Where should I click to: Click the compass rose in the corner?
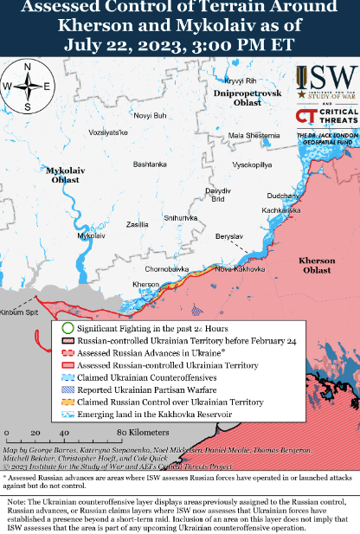[28, 86]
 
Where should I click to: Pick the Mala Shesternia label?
[254, 135]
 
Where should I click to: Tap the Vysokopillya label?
[252, 164]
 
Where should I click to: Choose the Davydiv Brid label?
[216, 194]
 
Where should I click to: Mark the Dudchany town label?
[284, 196]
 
